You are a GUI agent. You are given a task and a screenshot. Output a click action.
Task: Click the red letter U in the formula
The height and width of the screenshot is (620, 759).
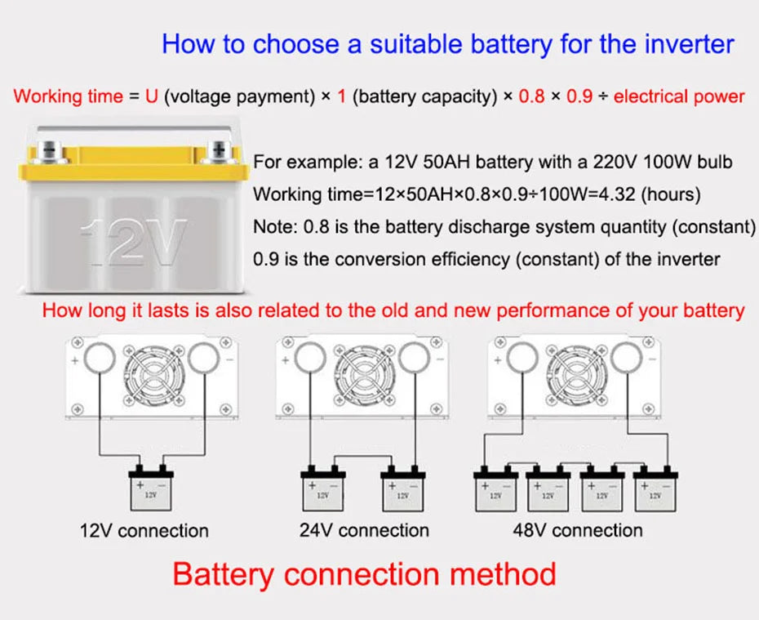(x=152, y=96)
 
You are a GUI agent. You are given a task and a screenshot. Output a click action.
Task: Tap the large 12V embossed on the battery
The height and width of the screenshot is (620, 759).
(x=135, y=243)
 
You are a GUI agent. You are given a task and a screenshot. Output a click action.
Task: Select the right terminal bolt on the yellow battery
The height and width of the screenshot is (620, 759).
(x=219, y=150)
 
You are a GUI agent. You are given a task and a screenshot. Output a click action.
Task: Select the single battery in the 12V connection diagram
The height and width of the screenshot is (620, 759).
(x=151, y=488)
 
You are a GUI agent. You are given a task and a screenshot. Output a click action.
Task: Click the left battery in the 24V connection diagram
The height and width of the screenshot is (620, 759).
(x=322, y=488)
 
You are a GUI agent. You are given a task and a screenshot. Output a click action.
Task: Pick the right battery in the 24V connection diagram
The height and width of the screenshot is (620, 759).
(x=403, y=488)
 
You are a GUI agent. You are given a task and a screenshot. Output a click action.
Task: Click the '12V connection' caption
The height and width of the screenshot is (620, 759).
(x=144, y=530)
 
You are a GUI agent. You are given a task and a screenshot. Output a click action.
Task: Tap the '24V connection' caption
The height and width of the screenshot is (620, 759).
(x=364, y=530)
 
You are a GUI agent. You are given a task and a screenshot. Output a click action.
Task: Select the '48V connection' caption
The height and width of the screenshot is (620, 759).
(x=578, y=530)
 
